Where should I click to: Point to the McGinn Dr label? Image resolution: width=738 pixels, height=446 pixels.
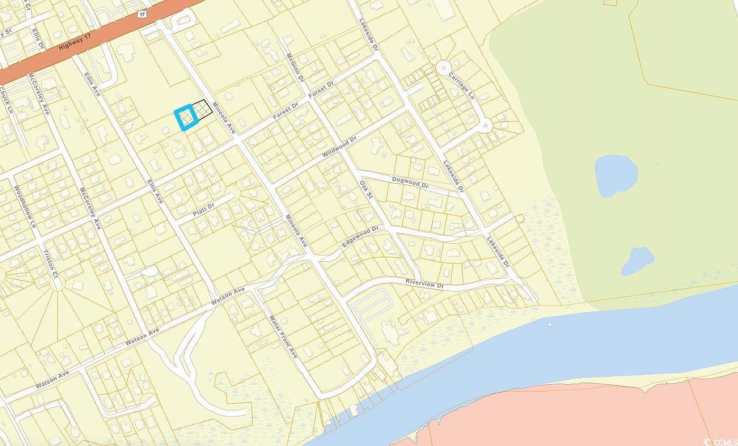click(x=295, y=67)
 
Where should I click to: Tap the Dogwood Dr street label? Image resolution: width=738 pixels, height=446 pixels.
click(x=410, y=183)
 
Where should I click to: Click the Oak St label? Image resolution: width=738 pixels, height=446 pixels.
click(x=367, y=193)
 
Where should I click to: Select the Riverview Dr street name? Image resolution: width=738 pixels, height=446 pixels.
click(x=425, y=284)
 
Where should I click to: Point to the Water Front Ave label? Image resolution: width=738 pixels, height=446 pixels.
click(x=283, y=337)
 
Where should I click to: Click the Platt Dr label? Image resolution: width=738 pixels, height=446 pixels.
click(x=203, y=211)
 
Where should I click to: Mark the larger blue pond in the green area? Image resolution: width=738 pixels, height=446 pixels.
click(x=615, y=175)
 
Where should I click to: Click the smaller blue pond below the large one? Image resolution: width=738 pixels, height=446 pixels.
click(x=638, y=261)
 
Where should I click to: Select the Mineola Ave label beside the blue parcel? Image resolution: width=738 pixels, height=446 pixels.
click(x=221, y=116)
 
